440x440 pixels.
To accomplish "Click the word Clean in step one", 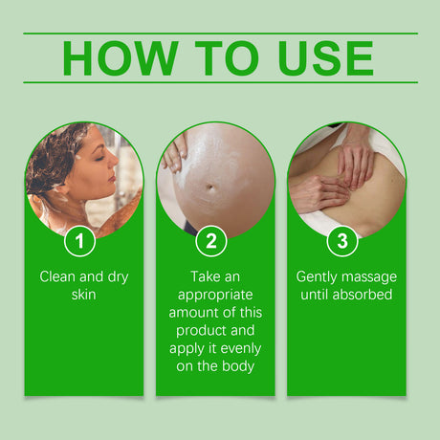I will [x=58, y=276].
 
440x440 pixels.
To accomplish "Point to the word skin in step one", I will [x=83, y=295].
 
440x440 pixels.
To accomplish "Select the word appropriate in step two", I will [x=215, y=295].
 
